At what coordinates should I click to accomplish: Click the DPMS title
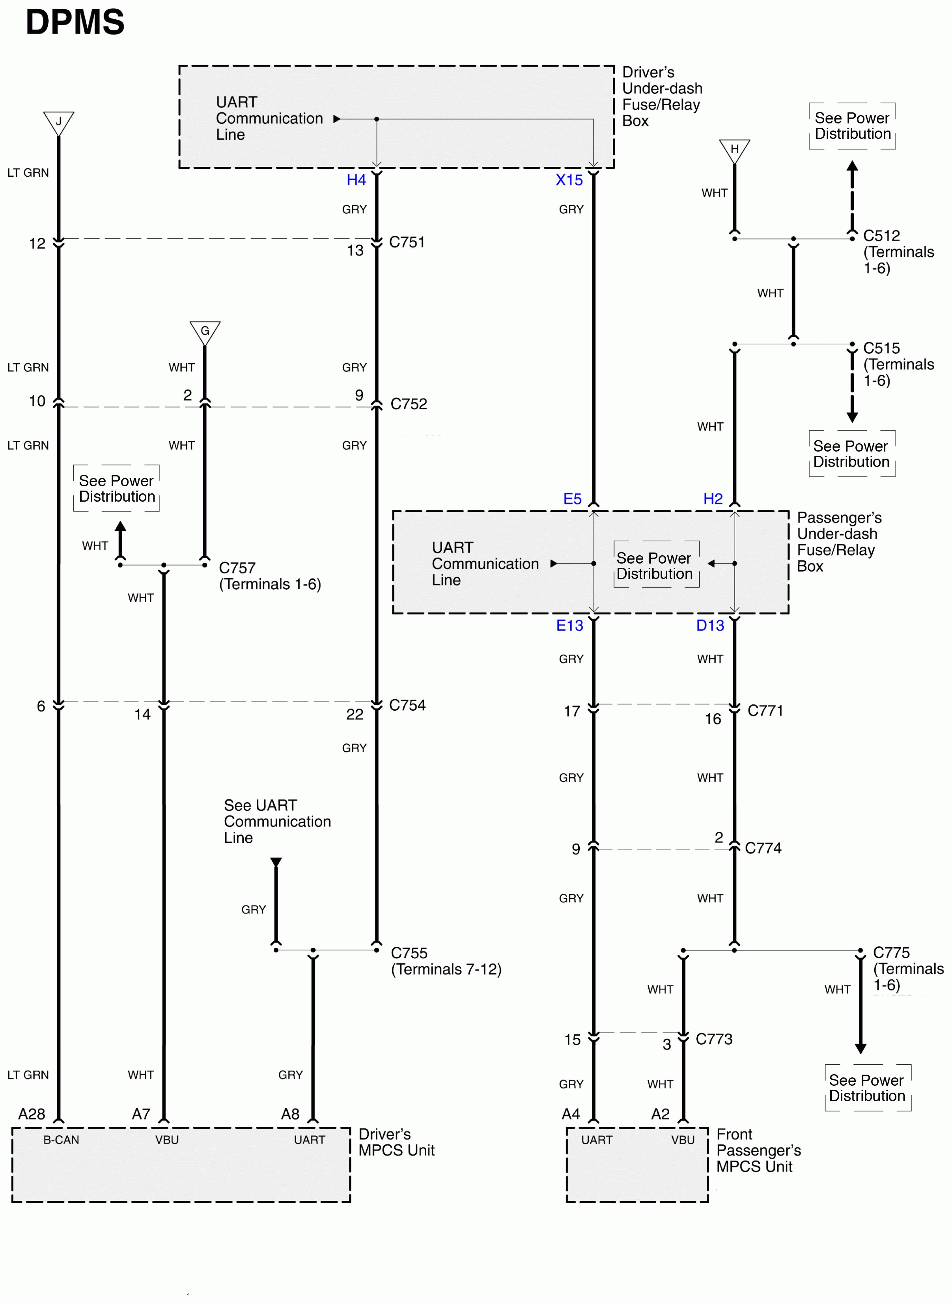(75, 22)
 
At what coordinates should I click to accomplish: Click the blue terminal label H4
(356, 180)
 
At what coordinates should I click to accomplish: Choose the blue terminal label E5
(572, 499)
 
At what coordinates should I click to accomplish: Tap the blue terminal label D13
(710, 626)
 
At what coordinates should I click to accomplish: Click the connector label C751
(407, 243)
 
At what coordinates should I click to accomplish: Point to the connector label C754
(407, 706)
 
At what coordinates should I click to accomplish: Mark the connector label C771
(765, 711)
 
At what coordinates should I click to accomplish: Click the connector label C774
(763, 849)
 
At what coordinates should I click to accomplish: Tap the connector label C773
(714, 1040)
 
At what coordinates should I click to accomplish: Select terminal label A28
(32, 1114)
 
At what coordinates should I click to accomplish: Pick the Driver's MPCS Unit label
(396, 1143)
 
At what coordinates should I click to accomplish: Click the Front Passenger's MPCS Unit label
(758, 1151)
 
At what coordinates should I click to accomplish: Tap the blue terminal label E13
(569, 626)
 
